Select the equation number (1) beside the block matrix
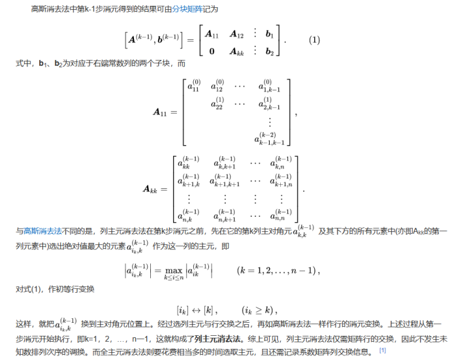coord(314,40)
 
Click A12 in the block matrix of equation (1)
coord(236,33)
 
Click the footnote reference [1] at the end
coord(383,351)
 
